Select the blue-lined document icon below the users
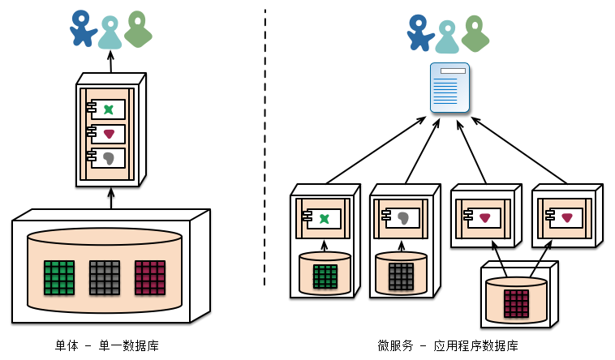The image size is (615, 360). [449, 88]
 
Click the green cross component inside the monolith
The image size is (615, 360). [108, 109]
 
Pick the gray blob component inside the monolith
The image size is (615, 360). [108, 157]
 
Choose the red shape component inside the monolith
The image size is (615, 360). [108, 134]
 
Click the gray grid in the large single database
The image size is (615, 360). [105, 276]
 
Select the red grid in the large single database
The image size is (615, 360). [150, 276]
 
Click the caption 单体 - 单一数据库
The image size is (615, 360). [107, 345]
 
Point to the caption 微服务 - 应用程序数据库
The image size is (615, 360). [447, 345]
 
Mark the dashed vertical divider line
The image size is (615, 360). [265, 146]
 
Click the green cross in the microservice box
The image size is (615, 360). [324, 217]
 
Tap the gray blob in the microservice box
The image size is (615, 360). [403, 217]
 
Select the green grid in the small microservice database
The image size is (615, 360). [325, 276]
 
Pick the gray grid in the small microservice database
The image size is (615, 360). [401, 276]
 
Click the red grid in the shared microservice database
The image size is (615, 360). [516, 303]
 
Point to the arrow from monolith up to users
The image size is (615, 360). [111, 62]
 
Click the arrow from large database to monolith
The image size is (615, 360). [111, 199]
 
